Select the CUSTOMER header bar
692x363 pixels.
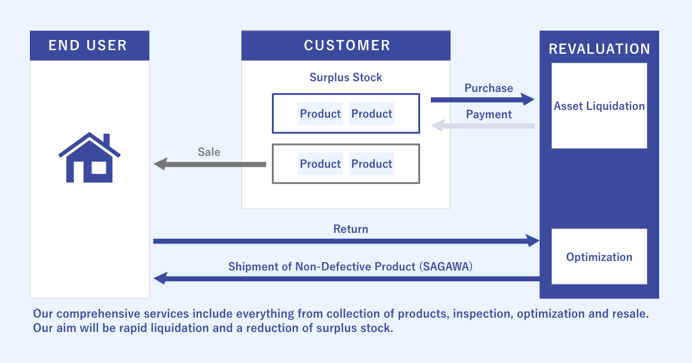pos(346,45)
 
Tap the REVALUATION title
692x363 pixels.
pos(599,49)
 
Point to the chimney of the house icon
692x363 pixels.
pos(106,140)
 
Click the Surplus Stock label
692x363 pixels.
pos(345,77)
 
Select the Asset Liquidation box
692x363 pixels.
pos(599,106)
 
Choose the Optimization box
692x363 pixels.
pos(599,257)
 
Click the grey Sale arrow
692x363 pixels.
pos(209,164)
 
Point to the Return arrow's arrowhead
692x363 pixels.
pos(534,241)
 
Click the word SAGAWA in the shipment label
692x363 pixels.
pos(447,267)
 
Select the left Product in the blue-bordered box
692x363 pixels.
pos(320,114)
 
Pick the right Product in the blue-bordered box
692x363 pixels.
pos(372,114)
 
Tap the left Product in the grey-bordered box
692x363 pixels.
pos(320,164)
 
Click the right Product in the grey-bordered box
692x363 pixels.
pos(372,164)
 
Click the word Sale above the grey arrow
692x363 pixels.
pos(209,152)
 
